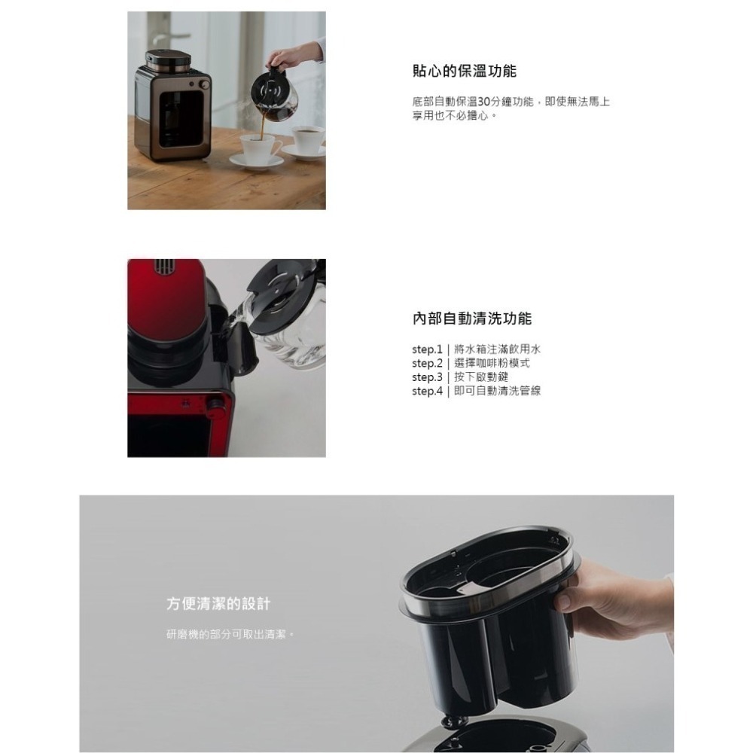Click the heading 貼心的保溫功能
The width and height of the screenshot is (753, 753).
click(x=464, y=72)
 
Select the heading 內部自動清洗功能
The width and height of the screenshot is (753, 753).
click(x=471, y=319)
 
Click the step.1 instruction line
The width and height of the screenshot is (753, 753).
click(x=476, y=349)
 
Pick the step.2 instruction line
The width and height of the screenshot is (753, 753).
click(x=471, y=363)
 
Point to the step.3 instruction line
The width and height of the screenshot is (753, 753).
click(x=459, y=376)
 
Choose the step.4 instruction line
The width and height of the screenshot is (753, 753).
click(x=476, y=391)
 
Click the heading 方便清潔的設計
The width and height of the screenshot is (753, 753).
click(x=218, y=604)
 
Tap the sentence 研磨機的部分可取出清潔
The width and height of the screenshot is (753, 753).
click(x=229, y=634)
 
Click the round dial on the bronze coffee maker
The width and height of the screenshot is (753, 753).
click(x=197, y=85)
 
